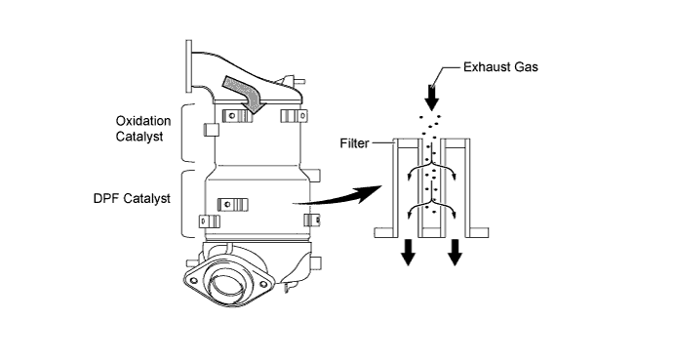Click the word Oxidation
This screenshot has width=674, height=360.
tap(143, 121)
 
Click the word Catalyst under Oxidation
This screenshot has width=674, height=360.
tap(139, 137)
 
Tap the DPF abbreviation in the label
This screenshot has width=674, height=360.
tap(106, 198)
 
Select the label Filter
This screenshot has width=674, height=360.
tap(354, 142)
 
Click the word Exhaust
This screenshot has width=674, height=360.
tap(485, 66)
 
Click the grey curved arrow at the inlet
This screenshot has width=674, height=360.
tap(244, 93)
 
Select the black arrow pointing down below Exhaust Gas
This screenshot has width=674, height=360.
tap(432, 99)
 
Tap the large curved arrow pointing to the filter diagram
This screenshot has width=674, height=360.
tap(339, 196)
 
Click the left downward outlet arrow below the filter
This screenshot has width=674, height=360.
tap(409, 253)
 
